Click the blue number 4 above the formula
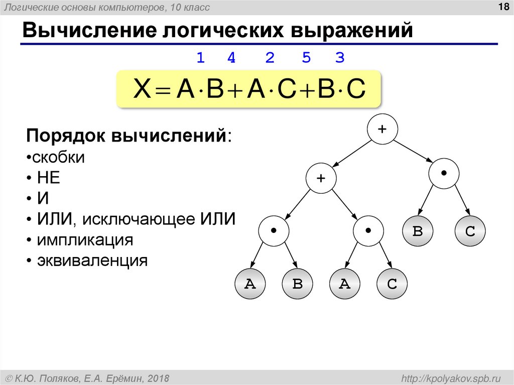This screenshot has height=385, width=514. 231,58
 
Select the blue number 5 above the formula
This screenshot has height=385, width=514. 306,58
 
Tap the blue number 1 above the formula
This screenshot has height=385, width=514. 200,58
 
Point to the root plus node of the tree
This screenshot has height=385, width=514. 382,129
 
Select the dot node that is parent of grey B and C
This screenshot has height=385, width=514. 444,173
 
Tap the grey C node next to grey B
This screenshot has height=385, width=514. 470,231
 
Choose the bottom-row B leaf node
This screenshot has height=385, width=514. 297,284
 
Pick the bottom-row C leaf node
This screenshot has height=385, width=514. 392,284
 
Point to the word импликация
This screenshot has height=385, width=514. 84,240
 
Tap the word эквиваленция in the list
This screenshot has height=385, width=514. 92,261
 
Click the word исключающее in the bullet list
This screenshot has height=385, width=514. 139,219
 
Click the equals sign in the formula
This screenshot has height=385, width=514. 162,91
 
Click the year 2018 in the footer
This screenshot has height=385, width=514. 156,377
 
